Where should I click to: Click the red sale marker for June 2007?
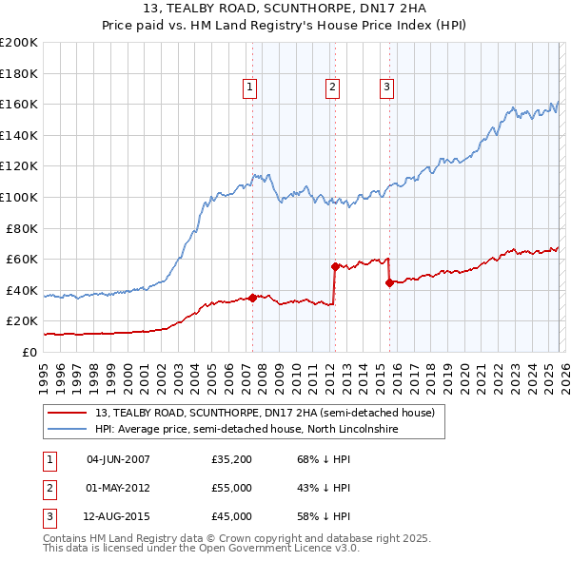pos(252,298)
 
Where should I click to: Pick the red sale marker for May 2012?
pos(335,267)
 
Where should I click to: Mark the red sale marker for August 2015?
pos(390,282)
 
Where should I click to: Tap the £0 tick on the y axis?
pos(29,352)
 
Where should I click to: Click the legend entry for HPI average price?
pos(246,430)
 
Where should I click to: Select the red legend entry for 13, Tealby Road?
pos(265,413)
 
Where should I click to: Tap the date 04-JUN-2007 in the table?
pos(118,459)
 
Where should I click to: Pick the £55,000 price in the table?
pos(232,488)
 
